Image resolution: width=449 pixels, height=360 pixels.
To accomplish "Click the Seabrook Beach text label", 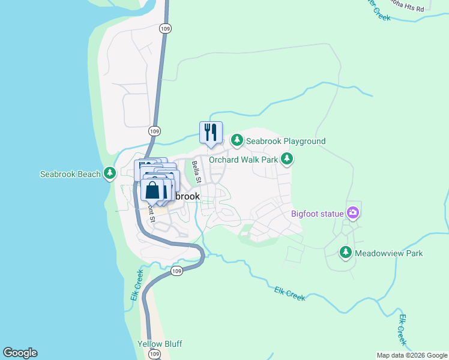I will [x=70, y=174].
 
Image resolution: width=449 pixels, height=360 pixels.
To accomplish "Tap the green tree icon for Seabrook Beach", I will [x=110, y=174].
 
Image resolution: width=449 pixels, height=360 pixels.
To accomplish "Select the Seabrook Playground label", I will [x=285, y=141].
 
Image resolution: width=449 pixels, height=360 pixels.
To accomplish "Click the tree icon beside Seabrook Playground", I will [x=238, y=140].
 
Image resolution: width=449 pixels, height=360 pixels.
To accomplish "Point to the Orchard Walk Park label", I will [x=243, y=160].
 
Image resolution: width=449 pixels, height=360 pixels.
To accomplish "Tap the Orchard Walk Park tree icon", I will [x=288, y=159].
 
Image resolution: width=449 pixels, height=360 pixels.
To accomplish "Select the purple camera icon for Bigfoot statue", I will [x=353, y=213].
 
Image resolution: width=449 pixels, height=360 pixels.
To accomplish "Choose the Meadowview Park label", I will [x=388, y=253].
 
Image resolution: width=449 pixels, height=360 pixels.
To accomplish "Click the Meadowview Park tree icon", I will [x=346, y=253].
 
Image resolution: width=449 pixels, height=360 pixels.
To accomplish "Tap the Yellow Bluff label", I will [x=160, y=344].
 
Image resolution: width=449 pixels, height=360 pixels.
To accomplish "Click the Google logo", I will [x=20, y=353].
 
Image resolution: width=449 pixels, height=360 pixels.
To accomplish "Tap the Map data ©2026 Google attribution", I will [x=412, y=355].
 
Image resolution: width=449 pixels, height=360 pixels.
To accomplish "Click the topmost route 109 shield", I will [x=166, y=28].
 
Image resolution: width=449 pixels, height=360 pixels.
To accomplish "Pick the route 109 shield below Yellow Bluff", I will [x=155, y=355].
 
